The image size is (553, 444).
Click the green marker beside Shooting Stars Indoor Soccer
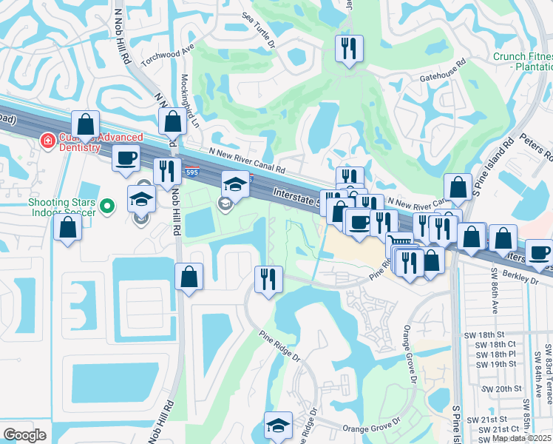pyautogui.click(x=108, y=206)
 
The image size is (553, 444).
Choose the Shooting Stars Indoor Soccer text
pyautogui.click(x=62, y=208)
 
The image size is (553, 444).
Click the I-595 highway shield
pyautogui.click(x=191, y=172)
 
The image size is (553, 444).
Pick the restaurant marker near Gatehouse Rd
pyautogui.click(x=347, y=50)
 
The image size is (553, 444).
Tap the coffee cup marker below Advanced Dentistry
pyautogui.click(x=126, y=157)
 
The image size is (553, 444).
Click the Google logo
pyautogui.click(x=25, y=435)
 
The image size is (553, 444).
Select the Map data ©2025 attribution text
pyautogui.click(x=521, y=438)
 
